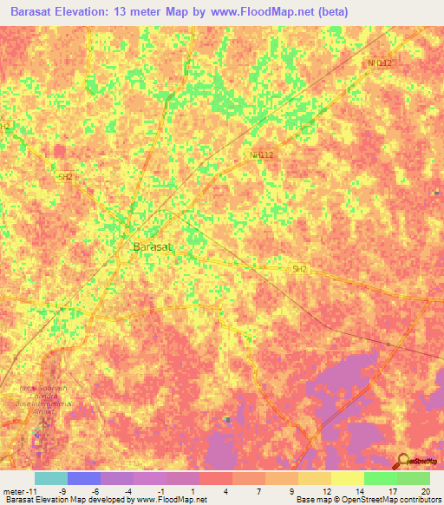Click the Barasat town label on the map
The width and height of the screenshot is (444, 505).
pos(154,247)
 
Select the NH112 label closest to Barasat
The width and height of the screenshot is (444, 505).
pos(261,155)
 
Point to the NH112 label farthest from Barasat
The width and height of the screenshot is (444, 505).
pos(380,63)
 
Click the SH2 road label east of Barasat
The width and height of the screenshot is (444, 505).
pos(299,269)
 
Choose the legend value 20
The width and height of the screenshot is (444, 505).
pos(425,491)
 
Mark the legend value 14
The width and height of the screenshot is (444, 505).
pos(360,491)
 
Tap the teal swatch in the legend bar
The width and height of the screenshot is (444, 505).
pos(51,478)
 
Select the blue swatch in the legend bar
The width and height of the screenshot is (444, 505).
pos(84,478)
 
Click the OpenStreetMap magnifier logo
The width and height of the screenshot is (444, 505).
pos(403,460)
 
